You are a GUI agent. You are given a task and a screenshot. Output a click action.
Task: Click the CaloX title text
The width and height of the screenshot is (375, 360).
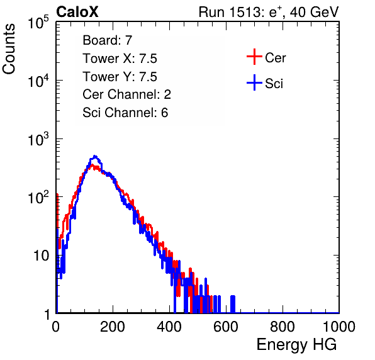77,12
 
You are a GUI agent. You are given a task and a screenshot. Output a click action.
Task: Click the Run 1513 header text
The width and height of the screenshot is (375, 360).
269,12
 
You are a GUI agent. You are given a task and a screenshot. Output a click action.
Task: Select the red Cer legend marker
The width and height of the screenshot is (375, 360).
254,57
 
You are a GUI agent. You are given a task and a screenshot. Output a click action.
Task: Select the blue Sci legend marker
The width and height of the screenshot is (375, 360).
254,83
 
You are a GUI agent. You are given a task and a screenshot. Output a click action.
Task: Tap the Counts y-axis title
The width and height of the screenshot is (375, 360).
9,49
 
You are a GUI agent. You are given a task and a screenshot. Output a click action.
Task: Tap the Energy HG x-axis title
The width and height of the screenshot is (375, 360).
296,345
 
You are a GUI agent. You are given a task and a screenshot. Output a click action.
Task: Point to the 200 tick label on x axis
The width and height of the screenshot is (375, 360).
113,327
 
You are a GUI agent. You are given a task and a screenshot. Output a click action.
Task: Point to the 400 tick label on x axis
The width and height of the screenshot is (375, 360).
169,327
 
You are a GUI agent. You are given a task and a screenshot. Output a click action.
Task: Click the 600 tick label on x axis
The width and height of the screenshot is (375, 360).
226,327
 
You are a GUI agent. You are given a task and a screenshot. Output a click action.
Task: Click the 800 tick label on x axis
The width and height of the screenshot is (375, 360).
283,327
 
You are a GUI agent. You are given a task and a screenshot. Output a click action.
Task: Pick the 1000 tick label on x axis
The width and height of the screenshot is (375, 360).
339,327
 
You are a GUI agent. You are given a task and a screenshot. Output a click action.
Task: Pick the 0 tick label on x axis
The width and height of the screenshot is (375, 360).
56,327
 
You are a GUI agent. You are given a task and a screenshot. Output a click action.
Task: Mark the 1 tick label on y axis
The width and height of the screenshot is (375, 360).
48,314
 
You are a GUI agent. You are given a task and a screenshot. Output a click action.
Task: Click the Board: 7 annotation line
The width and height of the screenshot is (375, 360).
108,40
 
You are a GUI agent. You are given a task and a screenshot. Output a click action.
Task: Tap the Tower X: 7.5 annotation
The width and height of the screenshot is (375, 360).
120,59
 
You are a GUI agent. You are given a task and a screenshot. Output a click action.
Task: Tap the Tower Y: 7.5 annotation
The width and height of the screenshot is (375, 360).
120,77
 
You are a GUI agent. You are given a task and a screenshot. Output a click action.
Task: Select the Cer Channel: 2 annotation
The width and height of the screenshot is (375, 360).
126,94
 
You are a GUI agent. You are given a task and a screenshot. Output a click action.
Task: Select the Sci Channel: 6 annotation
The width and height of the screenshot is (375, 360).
125,113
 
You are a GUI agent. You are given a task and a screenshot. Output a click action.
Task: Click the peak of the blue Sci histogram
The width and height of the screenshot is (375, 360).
95,156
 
